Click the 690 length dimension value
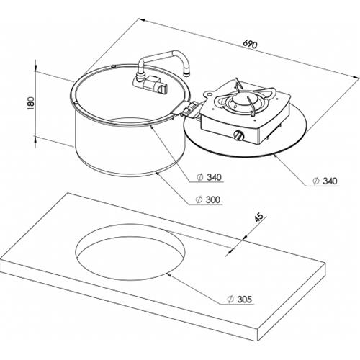pos(250,44)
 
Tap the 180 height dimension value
pos(31,103)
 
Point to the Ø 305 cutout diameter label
pos(240,300)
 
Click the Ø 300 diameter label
pos(208,199)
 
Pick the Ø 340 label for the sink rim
pos(209,177)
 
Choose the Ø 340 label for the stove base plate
pos(325,181)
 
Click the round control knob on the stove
pos(239,136)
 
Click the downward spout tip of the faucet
pos(186,73)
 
